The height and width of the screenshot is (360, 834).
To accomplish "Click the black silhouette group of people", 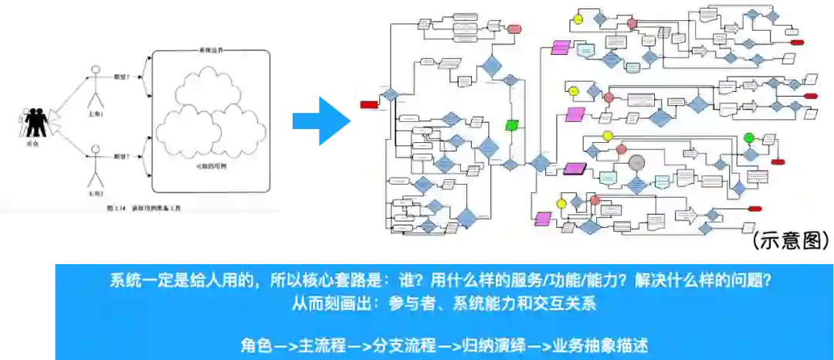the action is pyautogui.click(x=36, y=122).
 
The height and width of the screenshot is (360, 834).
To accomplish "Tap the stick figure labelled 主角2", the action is pyautogui.click(x=95, y=162).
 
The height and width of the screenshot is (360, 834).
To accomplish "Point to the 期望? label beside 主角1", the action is pyautogui.click(x=121, y=76).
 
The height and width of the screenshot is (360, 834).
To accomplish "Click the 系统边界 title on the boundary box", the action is pyautogui.click(x=210, y=51).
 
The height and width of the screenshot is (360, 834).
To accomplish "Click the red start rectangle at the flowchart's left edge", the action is pyautogui.click(x=368, y=104).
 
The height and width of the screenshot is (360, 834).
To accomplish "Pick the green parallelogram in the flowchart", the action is pyautogui.click(x=511, y=124).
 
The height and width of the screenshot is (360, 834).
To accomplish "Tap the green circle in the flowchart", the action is pyautogui.click(x=748, y=138).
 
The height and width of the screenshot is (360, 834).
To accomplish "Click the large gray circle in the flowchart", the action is pyautogui.click(x=636, y=163).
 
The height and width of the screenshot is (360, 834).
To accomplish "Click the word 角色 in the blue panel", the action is pyautogui.click(x=256, y=345).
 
